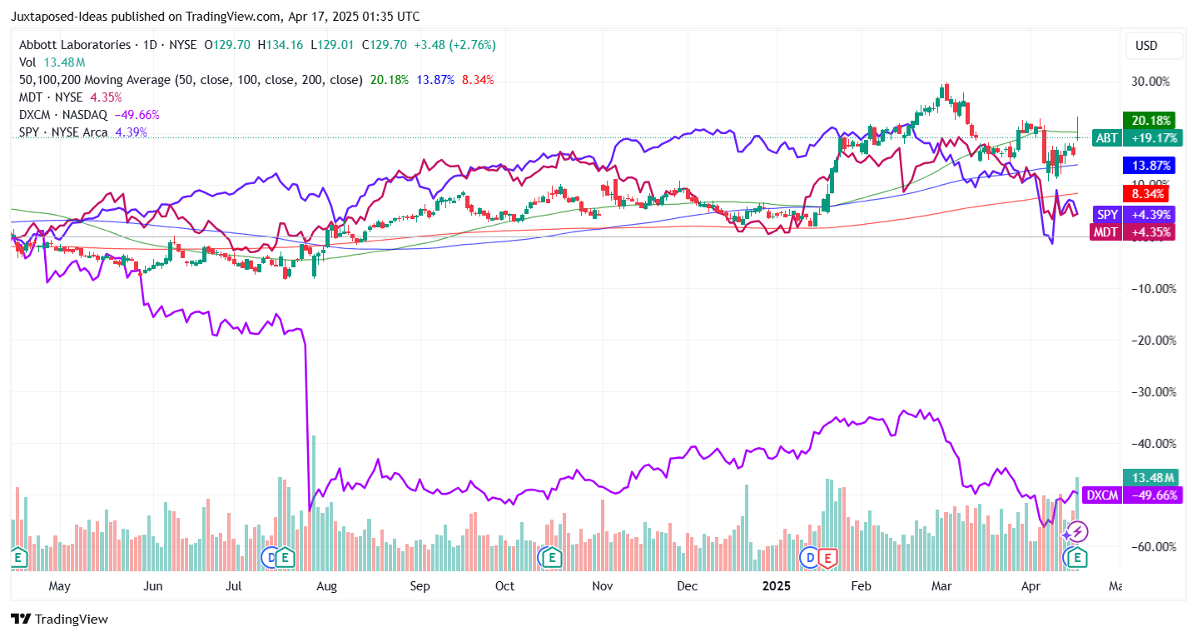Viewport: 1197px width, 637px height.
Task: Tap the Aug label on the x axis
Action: [326, 585]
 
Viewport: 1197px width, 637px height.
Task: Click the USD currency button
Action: [1146, 46]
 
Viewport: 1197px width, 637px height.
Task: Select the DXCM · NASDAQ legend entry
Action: [63, 115]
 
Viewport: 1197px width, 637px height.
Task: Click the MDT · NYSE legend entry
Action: [52, 97]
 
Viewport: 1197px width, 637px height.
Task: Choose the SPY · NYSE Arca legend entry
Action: [65, 132]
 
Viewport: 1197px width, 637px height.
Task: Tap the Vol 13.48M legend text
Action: [52, 62]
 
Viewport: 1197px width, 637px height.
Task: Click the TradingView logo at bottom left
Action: [59, 620]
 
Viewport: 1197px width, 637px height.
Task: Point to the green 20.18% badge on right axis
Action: [1148, 120]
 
